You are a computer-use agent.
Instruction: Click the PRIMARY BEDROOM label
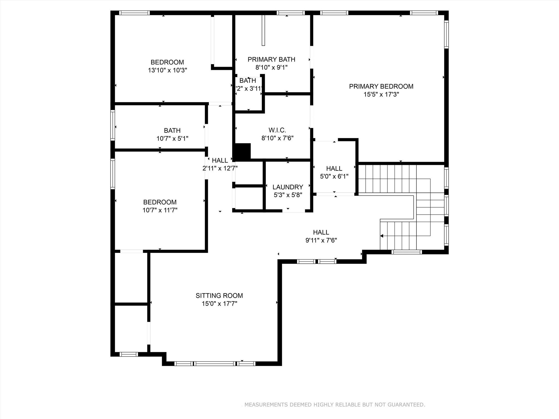(x=381, y=86)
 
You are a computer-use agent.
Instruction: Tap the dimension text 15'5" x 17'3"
(x=381, y=95)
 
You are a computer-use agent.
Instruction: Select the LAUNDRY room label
(x=288, y=187)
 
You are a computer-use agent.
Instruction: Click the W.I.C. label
(x=277, y=130)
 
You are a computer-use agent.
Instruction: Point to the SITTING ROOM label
(x=219, y=296)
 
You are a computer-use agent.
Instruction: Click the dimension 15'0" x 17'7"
(x=219, y=304)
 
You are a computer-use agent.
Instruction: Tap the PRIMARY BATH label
(x=271, y=59)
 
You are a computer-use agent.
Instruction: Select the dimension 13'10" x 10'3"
(x=167, y=70)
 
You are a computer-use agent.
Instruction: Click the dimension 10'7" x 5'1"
(x=172, y=139)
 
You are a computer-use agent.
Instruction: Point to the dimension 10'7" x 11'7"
(x=160, y=210)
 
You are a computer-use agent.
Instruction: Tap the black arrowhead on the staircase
(x=382, y=236)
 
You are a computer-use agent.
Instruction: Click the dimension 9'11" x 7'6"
(x=321, y=241)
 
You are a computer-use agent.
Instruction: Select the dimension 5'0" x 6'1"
(x=334, y=176)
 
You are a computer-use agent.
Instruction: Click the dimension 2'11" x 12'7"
(x=220, y=169)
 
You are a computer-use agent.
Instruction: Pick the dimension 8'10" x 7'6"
(x=277, y=138)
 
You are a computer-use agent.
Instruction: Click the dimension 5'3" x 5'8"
(x=288, y=195)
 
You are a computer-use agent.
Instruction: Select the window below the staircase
(x=406, y=252)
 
